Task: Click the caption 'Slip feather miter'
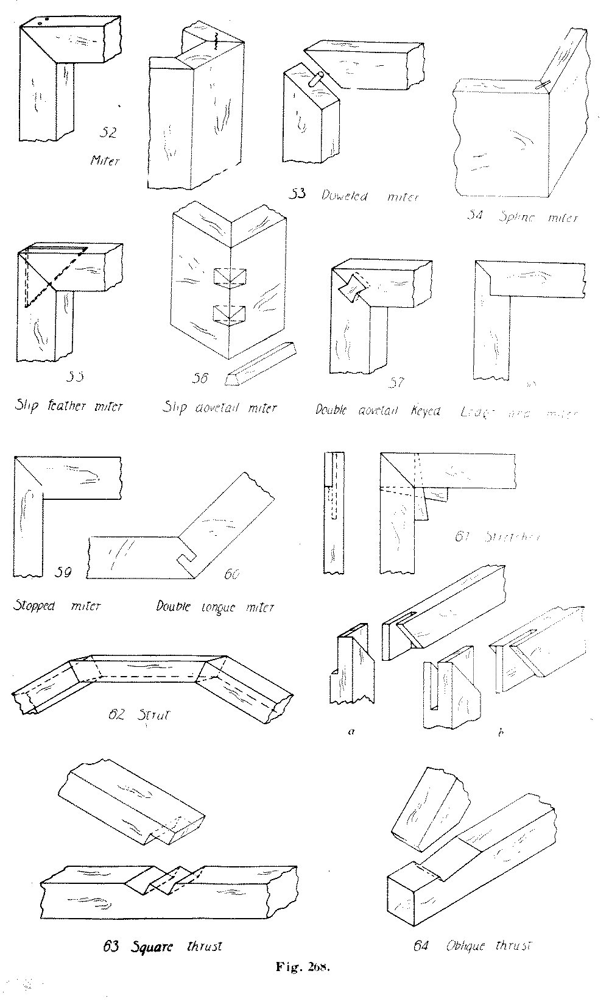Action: pyautogui.click(x=68, y=406)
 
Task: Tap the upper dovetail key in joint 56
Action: pyautogui.click(x=230, y=278)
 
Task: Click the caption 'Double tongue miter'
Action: pyautogui.click(x=215, y=607)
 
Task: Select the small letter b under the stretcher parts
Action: pyautogui.click(x=499, y=733)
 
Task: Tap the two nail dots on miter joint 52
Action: pyautogui.click(x=42, y=21)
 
